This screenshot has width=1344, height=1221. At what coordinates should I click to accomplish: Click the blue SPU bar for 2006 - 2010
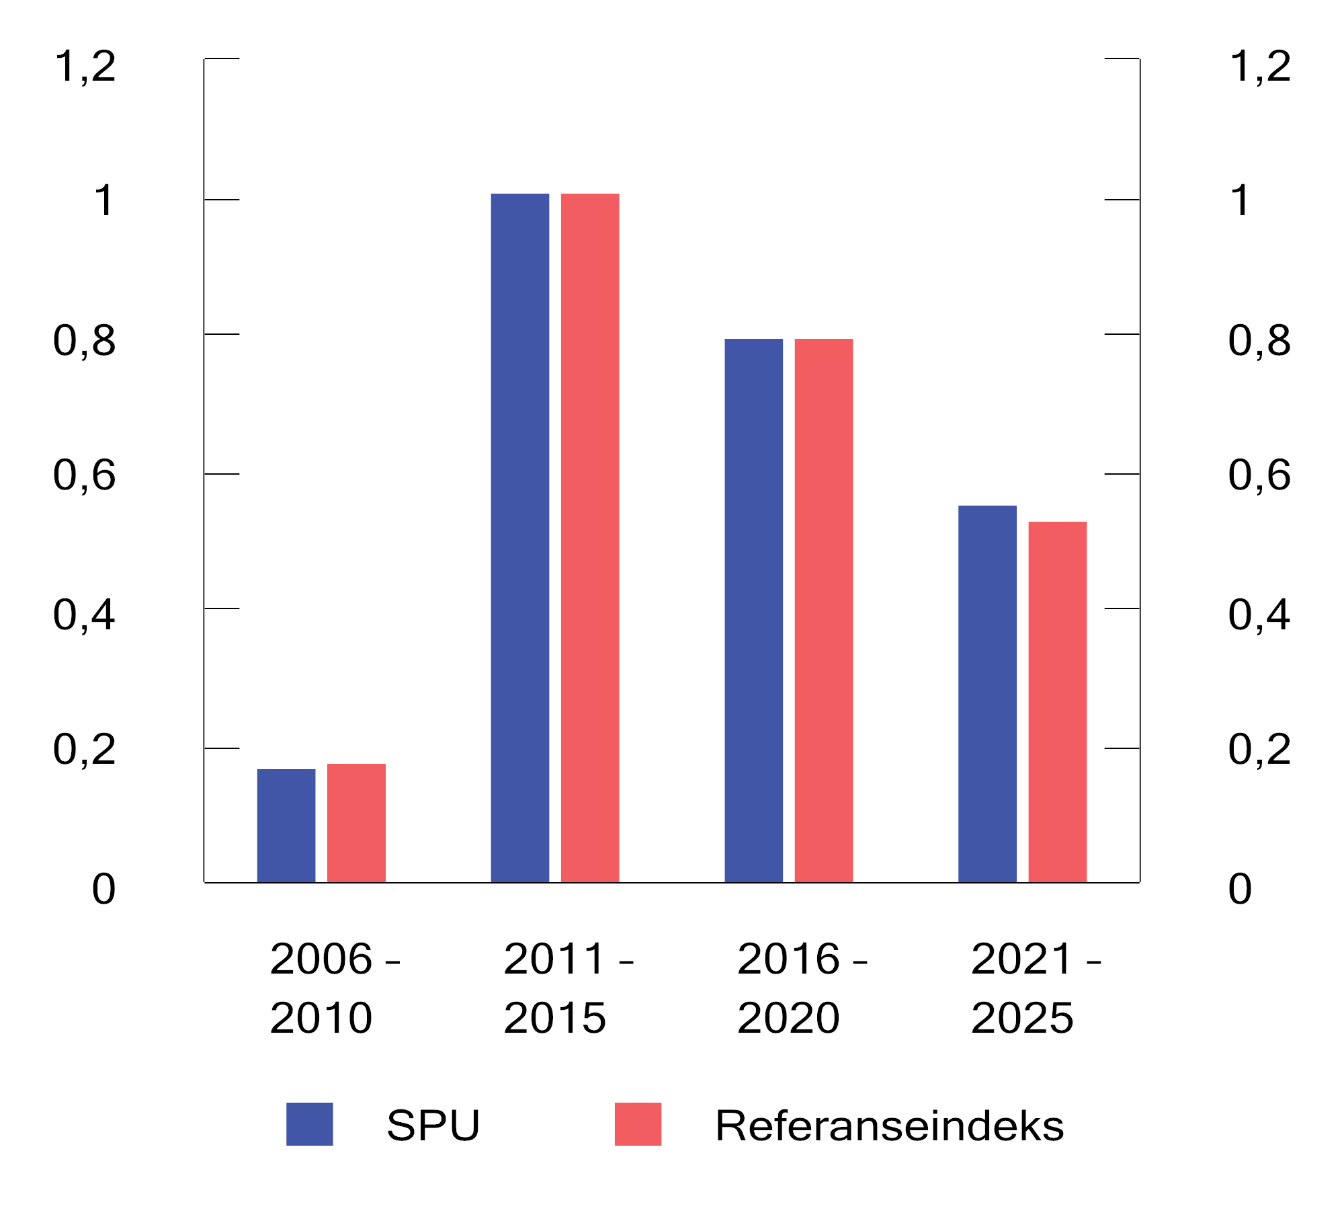point(286,825)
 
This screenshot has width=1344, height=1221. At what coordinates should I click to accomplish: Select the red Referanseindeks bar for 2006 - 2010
point(356,822)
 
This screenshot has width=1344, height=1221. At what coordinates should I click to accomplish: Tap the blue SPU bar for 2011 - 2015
point(520,538)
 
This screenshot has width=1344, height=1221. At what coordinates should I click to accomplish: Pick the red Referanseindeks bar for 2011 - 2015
point(590,538)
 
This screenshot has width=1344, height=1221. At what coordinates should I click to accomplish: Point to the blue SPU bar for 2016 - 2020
point(754,610)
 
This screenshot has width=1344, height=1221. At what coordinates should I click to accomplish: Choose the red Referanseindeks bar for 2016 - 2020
point(824,610)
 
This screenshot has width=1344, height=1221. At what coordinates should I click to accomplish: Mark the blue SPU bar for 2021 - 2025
point(987,694)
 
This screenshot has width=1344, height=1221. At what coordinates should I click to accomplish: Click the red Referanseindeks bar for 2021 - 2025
point(1058,702)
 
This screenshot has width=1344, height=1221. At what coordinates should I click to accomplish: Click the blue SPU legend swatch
point(310,1124)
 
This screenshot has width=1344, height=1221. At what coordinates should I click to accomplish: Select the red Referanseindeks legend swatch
point(638,1124)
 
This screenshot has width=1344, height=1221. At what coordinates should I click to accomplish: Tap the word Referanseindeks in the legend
point(889,1126)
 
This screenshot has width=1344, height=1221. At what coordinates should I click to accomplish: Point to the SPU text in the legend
point(433,1126)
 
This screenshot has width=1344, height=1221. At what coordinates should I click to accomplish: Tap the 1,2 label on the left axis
point(85,67)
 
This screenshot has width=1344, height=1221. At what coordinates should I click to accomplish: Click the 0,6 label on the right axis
point(1259,475)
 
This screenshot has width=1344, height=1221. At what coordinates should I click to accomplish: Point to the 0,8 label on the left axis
point(85,341)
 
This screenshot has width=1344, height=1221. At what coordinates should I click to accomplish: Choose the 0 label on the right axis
point(1240,890)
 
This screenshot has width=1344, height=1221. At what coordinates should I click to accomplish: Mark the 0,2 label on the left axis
point(85,750)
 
